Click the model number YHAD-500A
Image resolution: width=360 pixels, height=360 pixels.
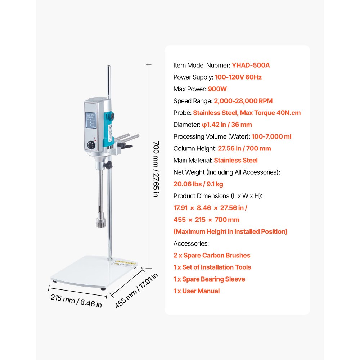coord(251,65)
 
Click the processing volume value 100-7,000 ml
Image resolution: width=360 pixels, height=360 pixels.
coord(256,136)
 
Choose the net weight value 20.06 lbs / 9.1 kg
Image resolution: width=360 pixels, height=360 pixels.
coord(198,184)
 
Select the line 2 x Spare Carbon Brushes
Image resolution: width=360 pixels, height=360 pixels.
coord(212,255)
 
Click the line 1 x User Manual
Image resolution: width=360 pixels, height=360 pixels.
coord(196,291)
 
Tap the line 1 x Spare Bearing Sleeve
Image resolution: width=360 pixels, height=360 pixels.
coord(209,279)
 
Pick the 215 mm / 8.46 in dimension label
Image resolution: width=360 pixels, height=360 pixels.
coord(76,300)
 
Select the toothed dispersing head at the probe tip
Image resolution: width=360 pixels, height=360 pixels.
coord(100,220)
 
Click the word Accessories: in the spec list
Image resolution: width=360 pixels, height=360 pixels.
coord(191,243)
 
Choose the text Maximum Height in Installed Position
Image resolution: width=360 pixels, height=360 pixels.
coord(230,231)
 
